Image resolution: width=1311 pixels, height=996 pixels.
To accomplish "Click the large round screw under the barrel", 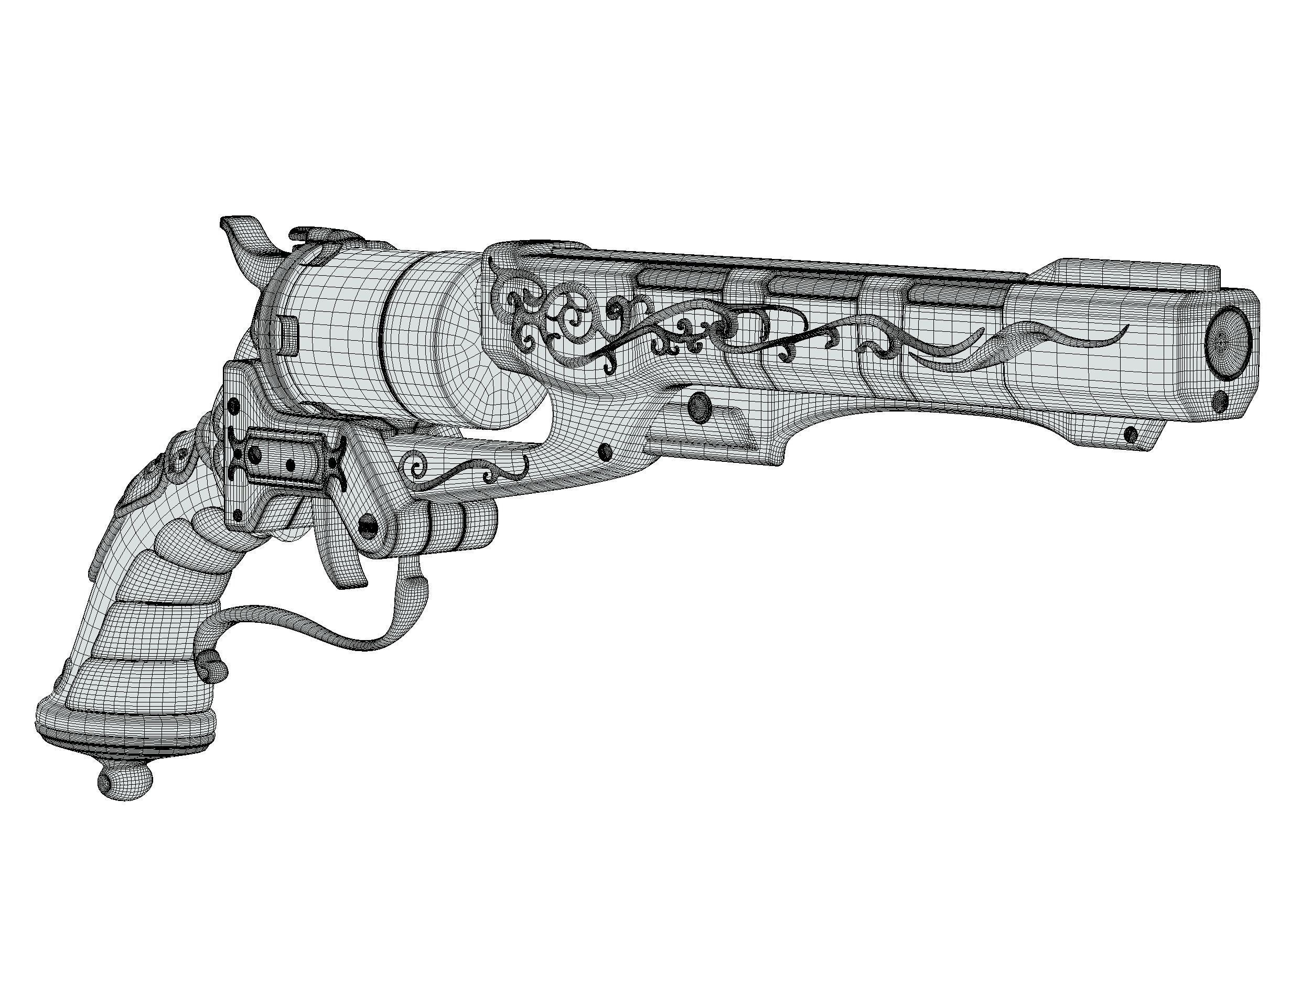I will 700,405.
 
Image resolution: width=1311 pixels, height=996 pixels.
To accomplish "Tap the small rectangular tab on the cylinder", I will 287,336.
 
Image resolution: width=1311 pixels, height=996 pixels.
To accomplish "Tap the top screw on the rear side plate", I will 233,407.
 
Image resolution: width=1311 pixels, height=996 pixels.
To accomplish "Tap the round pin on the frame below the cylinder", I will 605,452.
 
